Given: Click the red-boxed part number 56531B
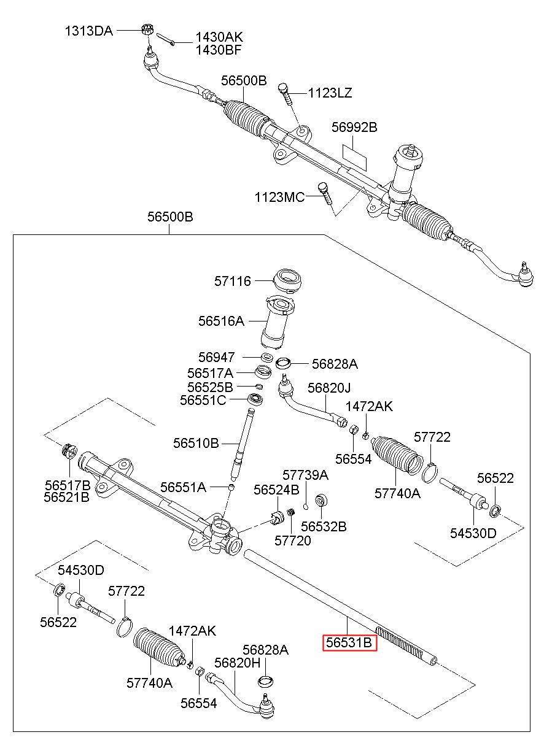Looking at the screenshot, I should click(x=349, y=642).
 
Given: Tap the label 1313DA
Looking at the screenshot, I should click(x=89, y=31).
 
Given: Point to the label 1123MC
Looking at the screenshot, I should click(x=279, y=197).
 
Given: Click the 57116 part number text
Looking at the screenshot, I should click(x=233, y=281).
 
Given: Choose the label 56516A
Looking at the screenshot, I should click(x=221, y=320).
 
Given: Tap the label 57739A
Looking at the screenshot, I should click(x=305, y=475).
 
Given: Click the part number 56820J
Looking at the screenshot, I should click(x=329, y=388).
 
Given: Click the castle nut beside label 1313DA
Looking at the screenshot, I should click(x=147, y=29).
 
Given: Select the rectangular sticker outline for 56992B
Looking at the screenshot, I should click(x=354, y=154).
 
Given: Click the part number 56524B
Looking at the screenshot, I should click(x=276, y=490).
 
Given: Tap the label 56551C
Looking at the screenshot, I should click(x=203, y=400).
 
